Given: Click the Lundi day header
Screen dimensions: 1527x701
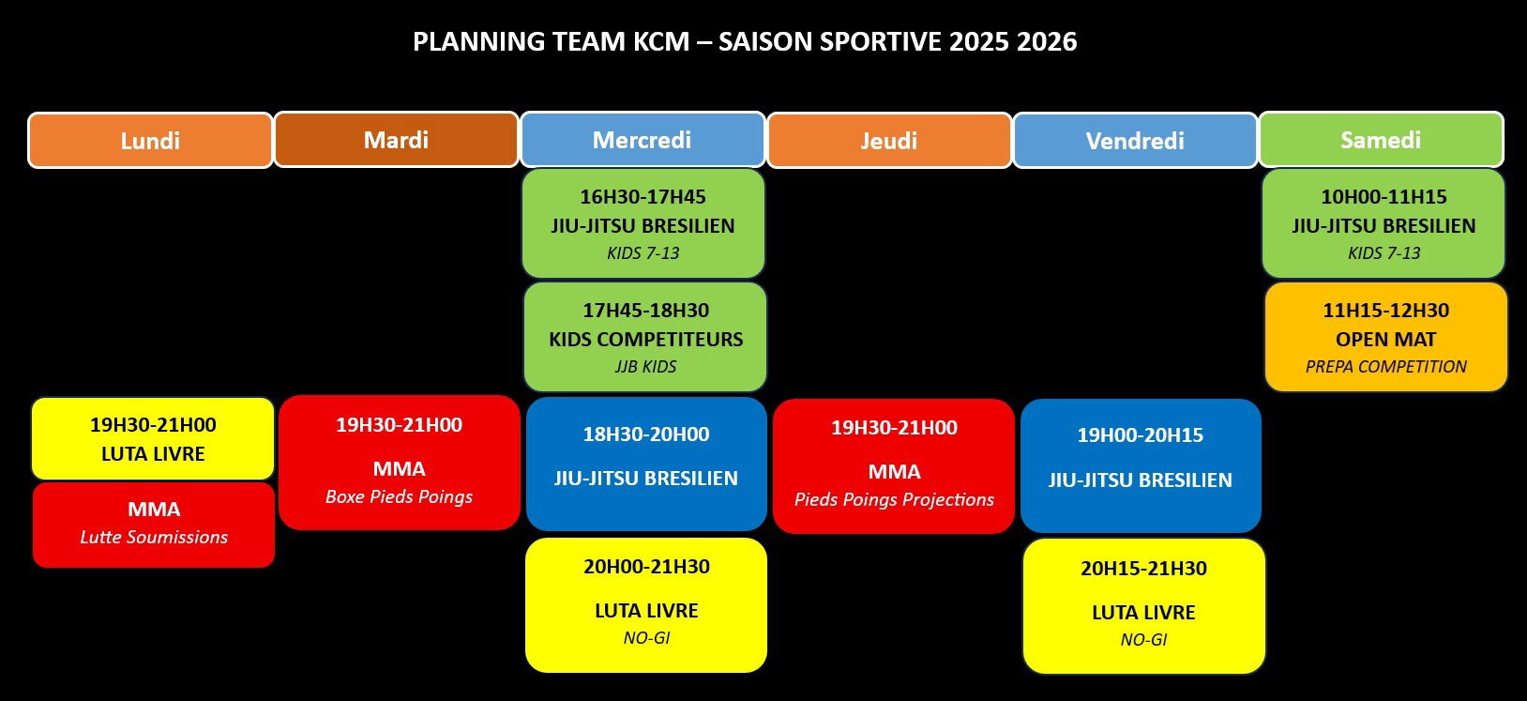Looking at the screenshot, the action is point(151,141).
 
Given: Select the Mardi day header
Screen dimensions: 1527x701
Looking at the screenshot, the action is point(396,140).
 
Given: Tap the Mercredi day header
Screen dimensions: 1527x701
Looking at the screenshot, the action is point(643,140).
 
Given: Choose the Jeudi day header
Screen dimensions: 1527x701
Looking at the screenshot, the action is point(889,141).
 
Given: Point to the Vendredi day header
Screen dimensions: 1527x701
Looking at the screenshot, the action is point(1135,141).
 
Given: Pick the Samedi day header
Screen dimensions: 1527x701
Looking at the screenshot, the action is point(1381,140).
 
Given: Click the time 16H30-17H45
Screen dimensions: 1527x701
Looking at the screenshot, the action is point(643,197).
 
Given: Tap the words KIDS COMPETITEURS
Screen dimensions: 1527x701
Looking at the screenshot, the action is point(646,339).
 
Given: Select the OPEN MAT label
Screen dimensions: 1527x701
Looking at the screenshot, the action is point(1386,339).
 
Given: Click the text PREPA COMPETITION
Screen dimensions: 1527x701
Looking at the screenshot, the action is point(1386,367).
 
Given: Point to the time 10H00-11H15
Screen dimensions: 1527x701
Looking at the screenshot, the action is point(1383,197).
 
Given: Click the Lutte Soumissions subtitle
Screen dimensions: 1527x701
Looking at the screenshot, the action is point(154,538).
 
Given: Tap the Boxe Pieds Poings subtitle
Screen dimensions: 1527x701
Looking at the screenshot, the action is point(399,496).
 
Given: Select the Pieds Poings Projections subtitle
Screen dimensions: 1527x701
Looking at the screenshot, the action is point(895,500).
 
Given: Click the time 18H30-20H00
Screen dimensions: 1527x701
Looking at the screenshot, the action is point(646,434).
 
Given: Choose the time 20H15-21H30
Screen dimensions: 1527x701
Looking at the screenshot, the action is point(1144,569).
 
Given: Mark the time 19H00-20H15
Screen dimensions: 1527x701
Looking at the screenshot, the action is point(1141,435).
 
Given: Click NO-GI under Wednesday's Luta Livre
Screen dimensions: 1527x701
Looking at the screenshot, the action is point(646,638).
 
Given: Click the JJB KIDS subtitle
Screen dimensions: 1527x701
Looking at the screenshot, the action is point(645,367).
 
